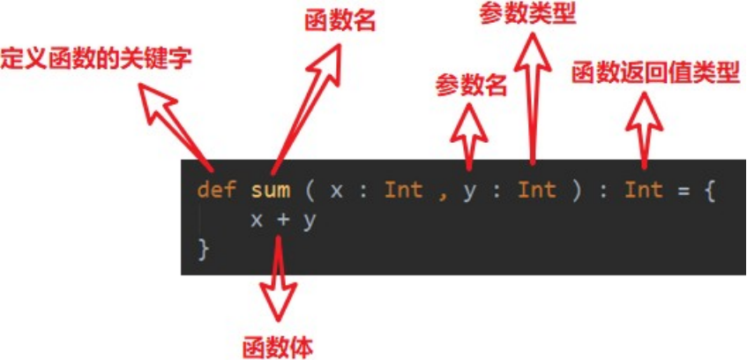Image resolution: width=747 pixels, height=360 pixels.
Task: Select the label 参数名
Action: tap(471, 86)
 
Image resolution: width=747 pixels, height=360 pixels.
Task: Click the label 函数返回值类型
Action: tap(654, 72)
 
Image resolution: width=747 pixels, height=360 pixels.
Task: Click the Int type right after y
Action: tap(536, 190)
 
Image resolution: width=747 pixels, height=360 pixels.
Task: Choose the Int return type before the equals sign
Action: tap(644, 190)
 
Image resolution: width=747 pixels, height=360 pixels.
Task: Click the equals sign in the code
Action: tap(682, 190)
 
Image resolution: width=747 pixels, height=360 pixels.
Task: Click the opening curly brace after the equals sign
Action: tap(708, 190)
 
